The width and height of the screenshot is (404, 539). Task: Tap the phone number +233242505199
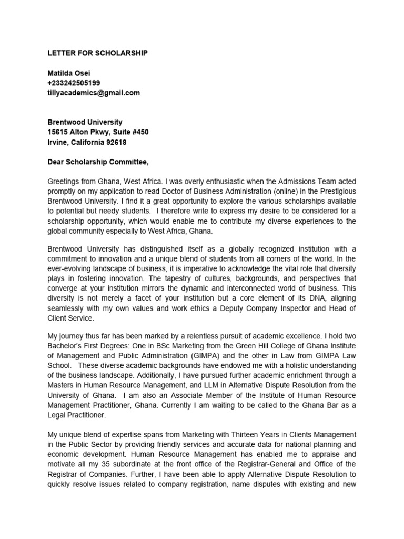(x=74, y=83)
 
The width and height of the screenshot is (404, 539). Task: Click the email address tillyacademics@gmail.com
(x=94, y=93)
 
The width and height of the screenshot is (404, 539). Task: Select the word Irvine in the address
(x=57, y=142)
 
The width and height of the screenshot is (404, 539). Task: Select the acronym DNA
(x=283, y=298)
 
